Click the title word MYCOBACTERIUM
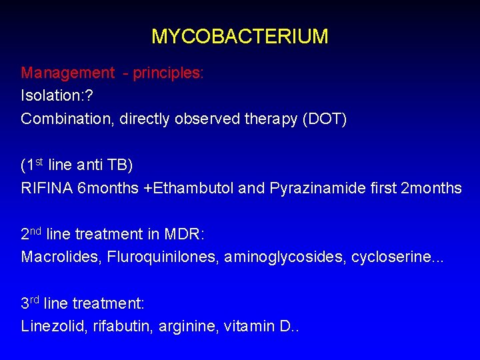(x=239, y=36)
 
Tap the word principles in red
(x=167, y=73)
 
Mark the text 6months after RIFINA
(x=108, y=188)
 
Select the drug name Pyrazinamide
(x=310, y=188)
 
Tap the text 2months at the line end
(x=431, y=188)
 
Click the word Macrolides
(x=57, y=257)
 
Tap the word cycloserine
(x=385, y=257)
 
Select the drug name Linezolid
(x=49, y=326)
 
